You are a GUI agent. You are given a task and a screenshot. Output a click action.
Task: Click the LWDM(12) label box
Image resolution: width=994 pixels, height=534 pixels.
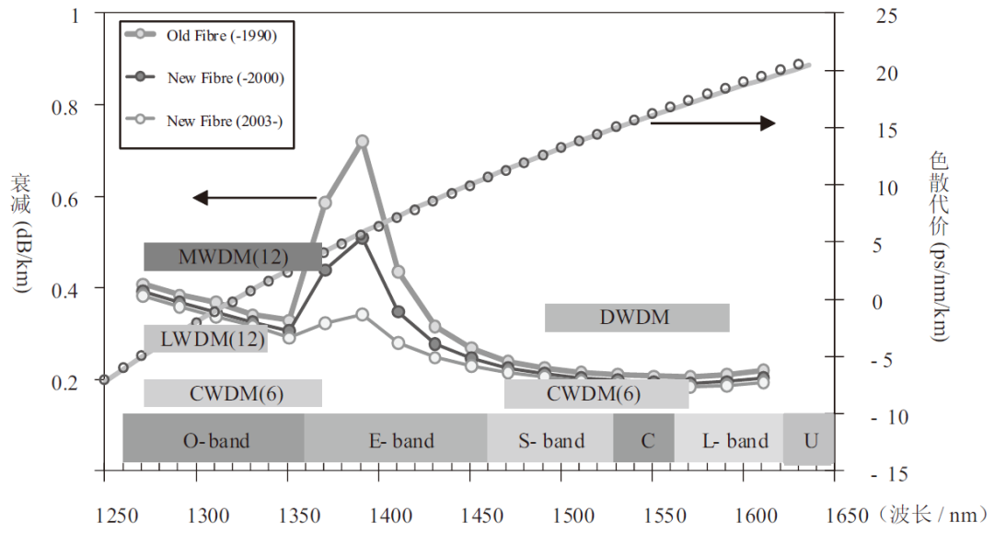pyautogui.click(x=206, y=339)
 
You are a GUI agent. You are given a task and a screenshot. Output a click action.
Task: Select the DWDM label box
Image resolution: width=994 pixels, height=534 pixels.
pyautogui.click(x=637, y=318)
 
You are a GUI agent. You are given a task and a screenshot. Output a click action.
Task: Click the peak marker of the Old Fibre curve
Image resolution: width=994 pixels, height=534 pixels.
pyautogui.click(x=362, y=141)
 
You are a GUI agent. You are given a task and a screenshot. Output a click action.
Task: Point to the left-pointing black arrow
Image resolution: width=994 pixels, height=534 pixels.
pyautogui.click(x=254, y=197)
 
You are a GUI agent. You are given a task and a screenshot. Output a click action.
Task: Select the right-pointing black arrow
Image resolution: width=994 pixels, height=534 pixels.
pyautogui.click(x=714, y=122)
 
